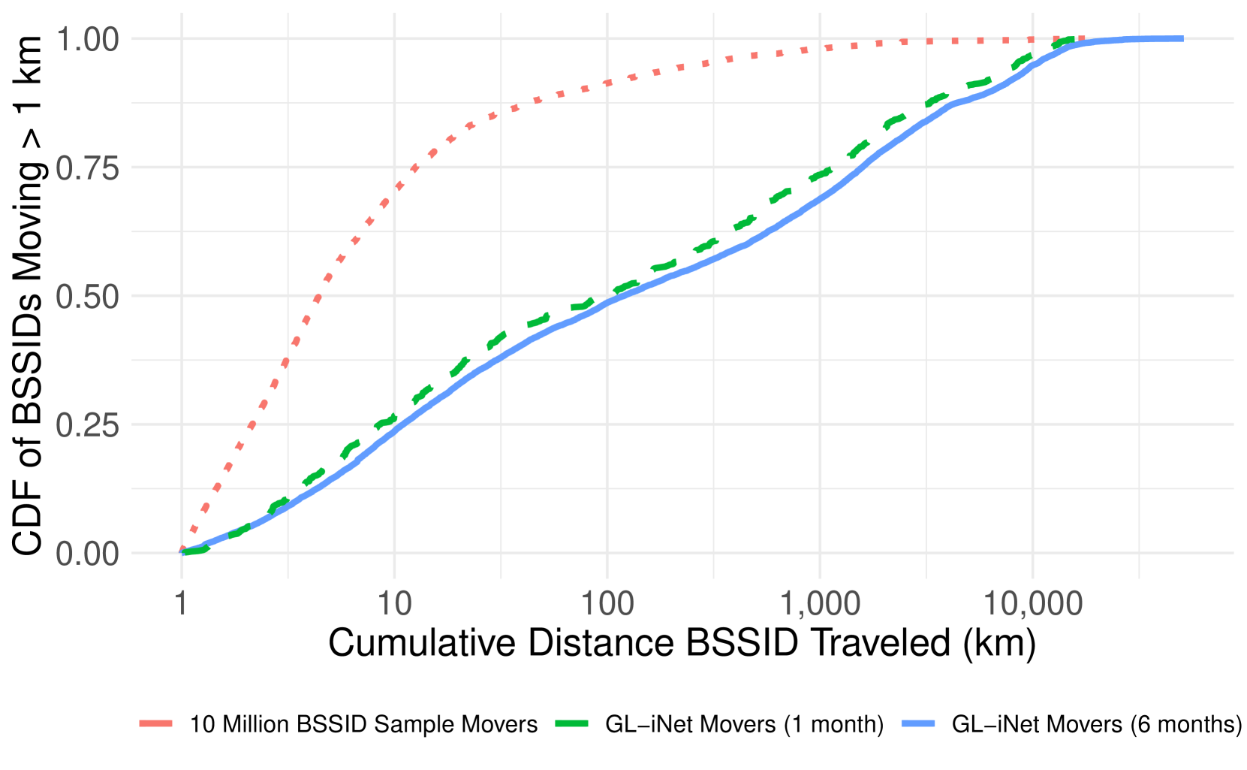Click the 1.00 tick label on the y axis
click(87, 40)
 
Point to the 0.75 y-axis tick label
click(87, 168)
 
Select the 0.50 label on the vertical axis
click(87, 297)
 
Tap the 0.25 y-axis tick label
click(87, 425)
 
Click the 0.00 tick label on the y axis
click(87, 554)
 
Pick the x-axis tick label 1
click(182, 603)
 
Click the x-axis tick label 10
click(394, 603)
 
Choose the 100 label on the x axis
click(607, 603)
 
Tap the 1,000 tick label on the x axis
click(820, 603)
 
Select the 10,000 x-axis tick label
click(1032, 603)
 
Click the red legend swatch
click(156, 723)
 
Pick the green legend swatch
click(571, 723)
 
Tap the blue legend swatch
click(918, 723)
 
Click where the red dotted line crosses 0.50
click(317, 296)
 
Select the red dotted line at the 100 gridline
click(607, 83)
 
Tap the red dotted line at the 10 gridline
click(394, 191)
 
